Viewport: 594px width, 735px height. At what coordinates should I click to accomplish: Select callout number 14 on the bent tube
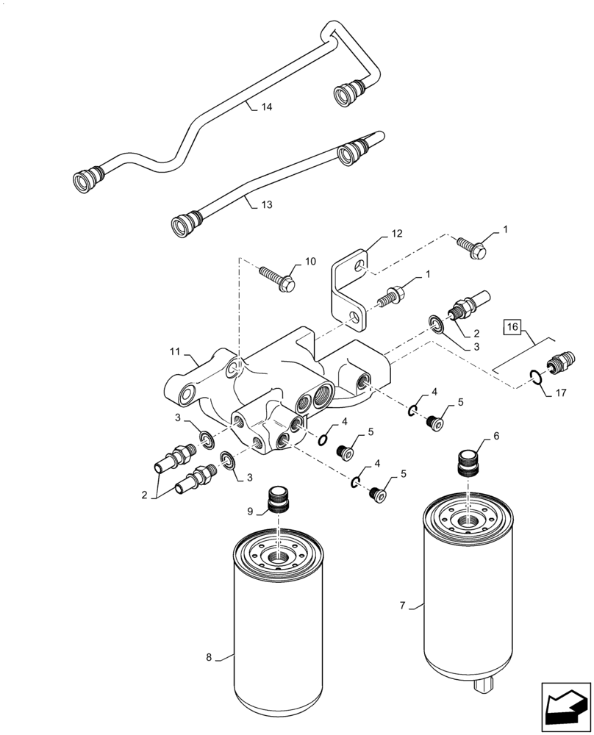pyautogui.click(x=266, y=107)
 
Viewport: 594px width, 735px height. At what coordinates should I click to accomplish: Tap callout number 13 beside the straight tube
pyautogui.click(x=266, y=205)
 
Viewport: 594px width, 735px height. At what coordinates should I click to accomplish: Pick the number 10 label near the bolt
pyautogui.click(x=310, y=261)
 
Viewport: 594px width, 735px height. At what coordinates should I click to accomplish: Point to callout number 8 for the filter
pyautogui.click(x=210, y=657)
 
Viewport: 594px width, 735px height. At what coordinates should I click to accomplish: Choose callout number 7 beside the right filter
pyautogui.click(x=402, y=606)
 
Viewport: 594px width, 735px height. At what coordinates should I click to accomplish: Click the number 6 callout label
pyautogui.click(x=496, y=436)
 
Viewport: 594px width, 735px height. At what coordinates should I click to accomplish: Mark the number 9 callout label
pyautogui.click(x=250, y=510)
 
